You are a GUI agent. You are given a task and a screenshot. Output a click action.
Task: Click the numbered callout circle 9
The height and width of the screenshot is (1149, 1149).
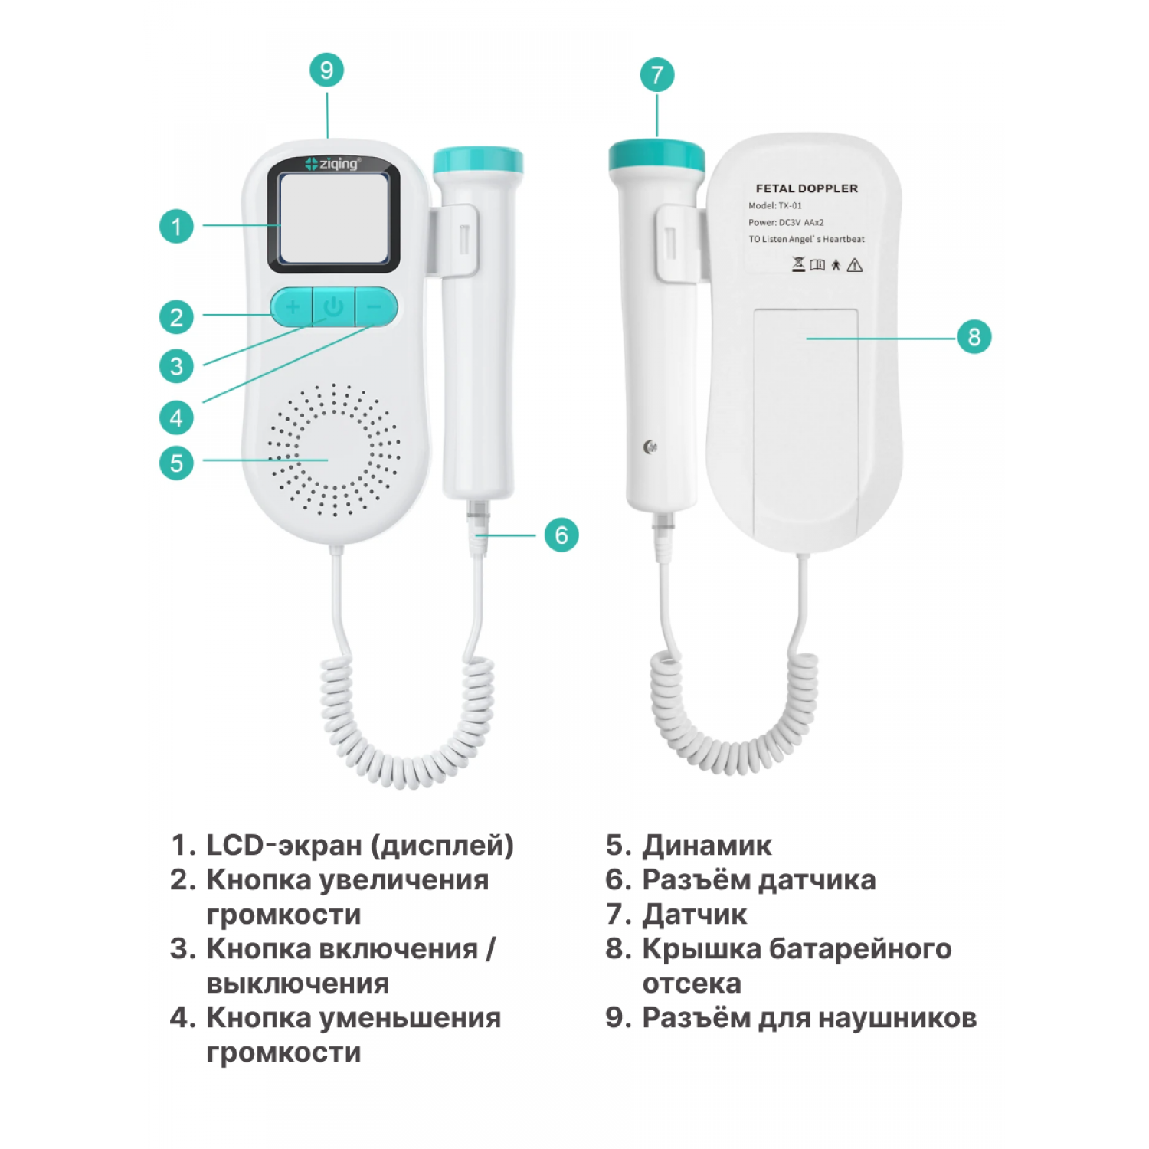click(327, 70)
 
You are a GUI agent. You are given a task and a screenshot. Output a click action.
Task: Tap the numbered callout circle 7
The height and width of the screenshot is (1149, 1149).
click(657, 75)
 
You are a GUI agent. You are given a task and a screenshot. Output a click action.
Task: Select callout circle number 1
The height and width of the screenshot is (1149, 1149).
click(176, 226)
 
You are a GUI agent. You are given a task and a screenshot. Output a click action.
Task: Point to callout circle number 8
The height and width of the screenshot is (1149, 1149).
click(974, 337)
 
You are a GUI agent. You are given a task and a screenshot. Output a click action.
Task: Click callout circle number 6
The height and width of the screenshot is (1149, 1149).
click(561, 535)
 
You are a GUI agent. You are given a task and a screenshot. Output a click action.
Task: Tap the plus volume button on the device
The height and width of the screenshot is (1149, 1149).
click(292, 307)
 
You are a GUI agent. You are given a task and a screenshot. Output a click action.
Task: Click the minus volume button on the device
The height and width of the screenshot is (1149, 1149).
click(375, 307)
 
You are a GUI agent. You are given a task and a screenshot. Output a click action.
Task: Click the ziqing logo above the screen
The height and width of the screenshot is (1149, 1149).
click(332, 163)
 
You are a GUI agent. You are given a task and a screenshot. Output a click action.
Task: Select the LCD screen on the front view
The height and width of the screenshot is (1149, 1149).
click(334, 218)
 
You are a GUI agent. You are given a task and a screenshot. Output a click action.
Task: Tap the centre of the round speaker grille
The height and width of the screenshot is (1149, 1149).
click(334, 449)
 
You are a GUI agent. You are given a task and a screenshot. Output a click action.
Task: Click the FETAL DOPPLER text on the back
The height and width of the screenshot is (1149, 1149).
click(807, 188)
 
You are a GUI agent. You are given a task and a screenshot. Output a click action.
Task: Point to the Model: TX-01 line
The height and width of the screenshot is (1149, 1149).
click(775, 205)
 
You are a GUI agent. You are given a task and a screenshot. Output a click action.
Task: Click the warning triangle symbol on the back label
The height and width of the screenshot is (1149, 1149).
click(855, 266)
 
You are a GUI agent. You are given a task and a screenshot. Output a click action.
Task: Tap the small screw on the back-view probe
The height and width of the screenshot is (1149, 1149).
click(650, 447)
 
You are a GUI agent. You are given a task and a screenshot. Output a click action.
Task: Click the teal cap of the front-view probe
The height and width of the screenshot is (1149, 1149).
click(478, 160)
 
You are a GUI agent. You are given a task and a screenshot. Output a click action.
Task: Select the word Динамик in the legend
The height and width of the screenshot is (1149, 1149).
click(707, 845)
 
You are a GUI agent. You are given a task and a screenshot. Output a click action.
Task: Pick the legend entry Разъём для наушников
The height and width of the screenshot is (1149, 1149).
click(809, 1018)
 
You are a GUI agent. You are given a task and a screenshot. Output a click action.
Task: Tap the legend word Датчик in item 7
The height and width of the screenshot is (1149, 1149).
click(695, 915)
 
